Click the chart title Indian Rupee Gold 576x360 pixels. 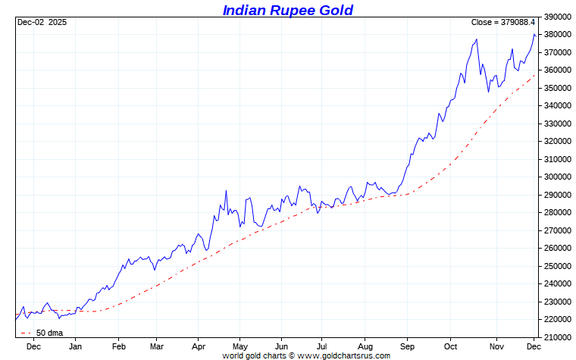click(287, 10)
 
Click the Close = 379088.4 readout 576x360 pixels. click(502, 23)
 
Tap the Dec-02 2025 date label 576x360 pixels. click(42, 23)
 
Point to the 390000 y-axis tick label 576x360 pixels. click(557, 17)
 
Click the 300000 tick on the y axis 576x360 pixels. click(557, 177)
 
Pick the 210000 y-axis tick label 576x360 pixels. click(557, 337)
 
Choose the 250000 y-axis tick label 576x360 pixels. click(557, 266)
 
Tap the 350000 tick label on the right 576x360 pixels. click(557, 88)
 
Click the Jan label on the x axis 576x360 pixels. click(75, 346)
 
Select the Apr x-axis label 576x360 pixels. click(199, 346)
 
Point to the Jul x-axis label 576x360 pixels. click(322, 346)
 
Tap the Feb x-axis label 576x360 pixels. click(118, 346)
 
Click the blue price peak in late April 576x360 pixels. click(226, 191)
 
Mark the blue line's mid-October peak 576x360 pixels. click(476, 39)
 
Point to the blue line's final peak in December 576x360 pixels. click(534, 35)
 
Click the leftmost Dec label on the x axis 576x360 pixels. click(33, 346)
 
